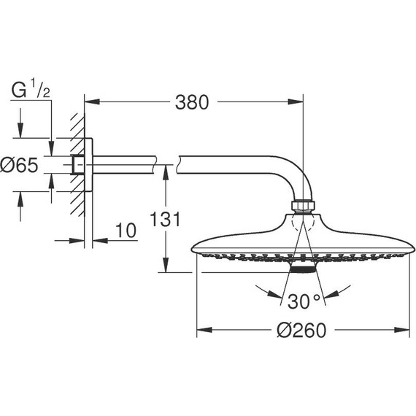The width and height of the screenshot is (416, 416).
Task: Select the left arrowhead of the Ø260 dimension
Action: (202, 329)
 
